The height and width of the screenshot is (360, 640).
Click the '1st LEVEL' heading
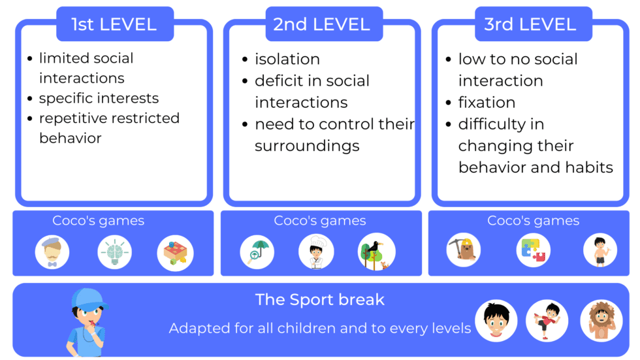click(x=114, y=25)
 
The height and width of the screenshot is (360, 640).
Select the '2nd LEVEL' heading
click(x=321, y=25)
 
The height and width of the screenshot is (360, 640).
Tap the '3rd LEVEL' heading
click(x=530, y=25)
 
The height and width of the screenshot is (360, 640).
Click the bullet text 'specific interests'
click(x=99, y=98)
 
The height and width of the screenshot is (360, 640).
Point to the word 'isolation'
click(x=287, y=59)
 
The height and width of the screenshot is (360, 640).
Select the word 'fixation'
click(x=487, y=103)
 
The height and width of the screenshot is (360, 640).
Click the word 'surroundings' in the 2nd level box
click(x=307, y=145)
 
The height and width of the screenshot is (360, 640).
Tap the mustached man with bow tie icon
click(x=52, y=252)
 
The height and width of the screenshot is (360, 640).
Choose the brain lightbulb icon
click(x=114, y=252)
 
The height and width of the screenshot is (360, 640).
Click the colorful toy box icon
click(x=175, y=252)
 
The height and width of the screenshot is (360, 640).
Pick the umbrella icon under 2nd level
click(x=257, y=252)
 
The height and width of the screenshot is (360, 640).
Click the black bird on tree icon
click(x=376, y=252)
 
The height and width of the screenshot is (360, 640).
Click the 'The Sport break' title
click(x=320, y=300)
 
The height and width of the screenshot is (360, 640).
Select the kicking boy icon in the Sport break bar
click(x=547, y=321)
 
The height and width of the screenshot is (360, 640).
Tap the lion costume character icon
click(x=601, y=321)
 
